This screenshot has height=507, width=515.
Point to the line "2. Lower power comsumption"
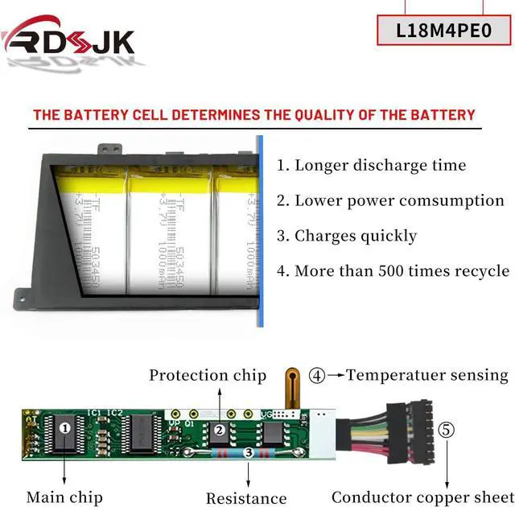pyautogui.click(x=391, y=200)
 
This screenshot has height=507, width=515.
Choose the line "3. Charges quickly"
pyautogui.click(x=347, y=236)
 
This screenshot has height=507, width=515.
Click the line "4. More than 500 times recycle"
pyautogui.click(x=393, y=270)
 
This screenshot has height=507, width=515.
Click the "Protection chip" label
pyautogui.click(x=208, y=375)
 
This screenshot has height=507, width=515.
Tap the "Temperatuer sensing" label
pyautogui.click(x=427, y=375)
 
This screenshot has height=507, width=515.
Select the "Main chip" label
pyautogui.click(x=64, y=497)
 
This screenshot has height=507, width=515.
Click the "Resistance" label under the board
pyautogui.click(x=246, y=498)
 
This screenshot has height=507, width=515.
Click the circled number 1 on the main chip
pyautogui.click(x=65, y=428)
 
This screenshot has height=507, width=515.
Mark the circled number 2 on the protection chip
pyautogui.click(x=218, y=430)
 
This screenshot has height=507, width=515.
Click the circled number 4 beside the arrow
pyautogui.click(x=317, y=375)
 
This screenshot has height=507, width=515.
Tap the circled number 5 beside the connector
pyautogui.click(x=447, y=430)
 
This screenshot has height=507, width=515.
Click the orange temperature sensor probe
pyautogui.click(x=293, y=385)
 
